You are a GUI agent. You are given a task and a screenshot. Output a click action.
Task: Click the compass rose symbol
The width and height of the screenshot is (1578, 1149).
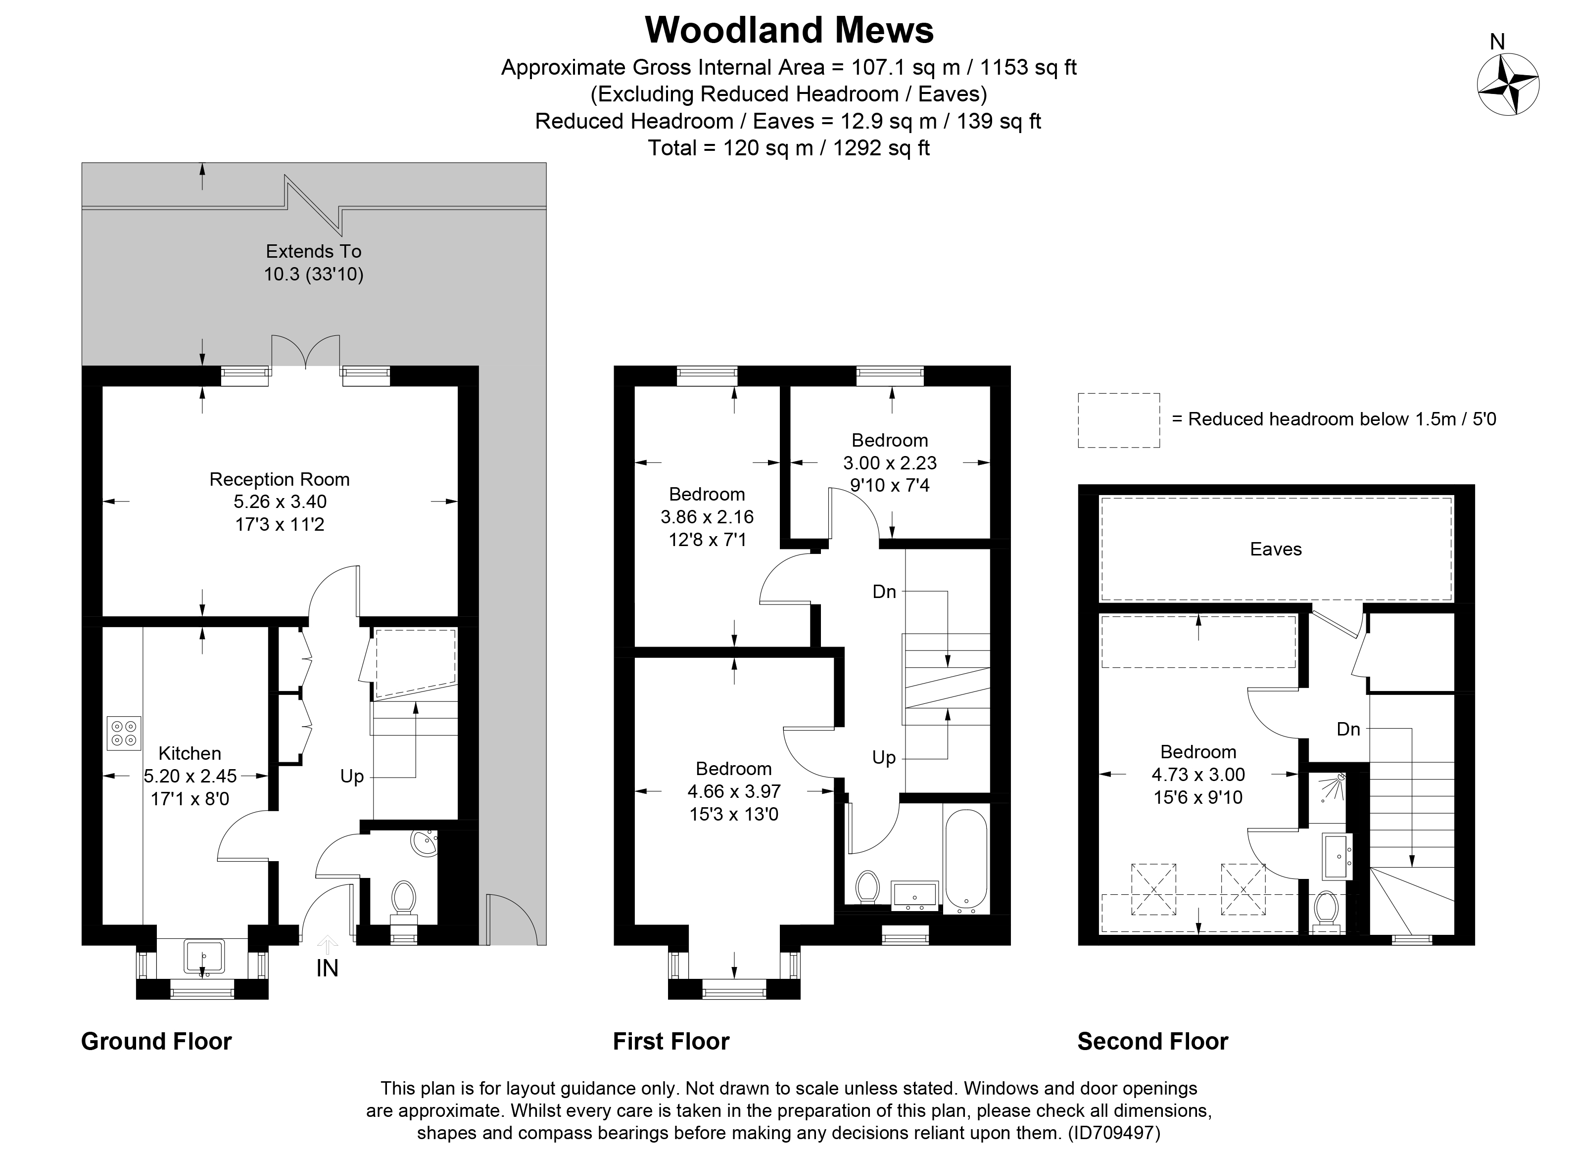[1508, 86]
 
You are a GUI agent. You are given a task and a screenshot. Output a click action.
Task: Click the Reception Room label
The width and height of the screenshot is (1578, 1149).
[279, 479]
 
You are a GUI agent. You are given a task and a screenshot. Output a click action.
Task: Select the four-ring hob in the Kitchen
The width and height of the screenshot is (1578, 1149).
[124, 733]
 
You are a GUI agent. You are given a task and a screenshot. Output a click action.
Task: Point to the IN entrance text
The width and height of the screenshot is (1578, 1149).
[327, 968]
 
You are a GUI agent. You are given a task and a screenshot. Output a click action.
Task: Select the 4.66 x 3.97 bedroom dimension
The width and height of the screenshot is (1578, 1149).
[733, 791]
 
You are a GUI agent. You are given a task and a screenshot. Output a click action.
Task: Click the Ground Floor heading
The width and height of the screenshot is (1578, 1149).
[156, 1041]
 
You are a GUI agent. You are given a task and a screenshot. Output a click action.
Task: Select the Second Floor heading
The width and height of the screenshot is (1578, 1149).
[1152, 1041]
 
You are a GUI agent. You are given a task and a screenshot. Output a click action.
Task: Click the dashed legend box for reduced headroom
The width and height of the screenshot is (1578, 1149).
[1118, 420]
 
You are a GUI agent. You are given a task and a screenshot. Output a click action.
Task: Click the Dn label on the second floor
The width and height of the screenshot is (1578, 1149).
[1348, 729]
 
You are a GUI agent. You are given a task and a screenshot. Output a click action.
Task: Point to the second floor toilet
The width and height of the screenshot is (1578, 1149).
[1326, 911]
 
